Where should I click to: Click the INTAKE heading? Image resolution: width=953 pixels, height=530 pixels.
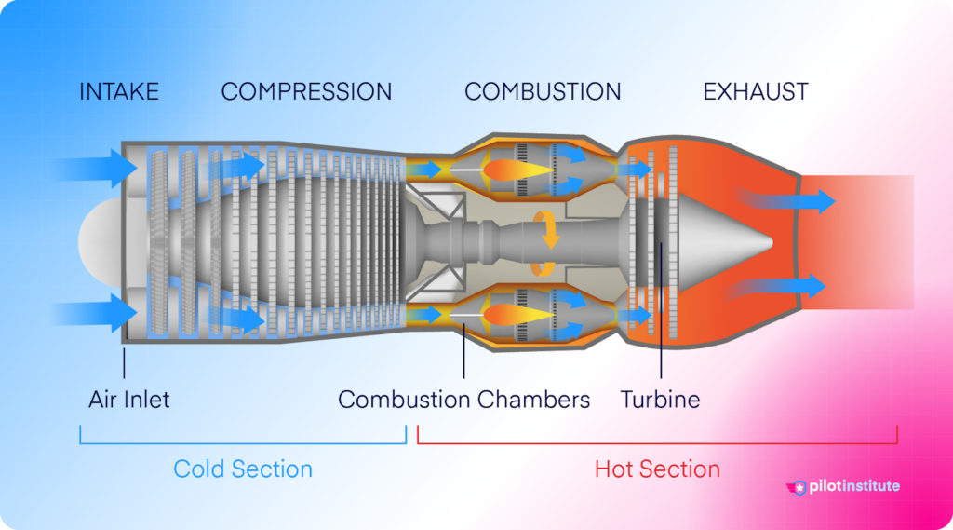pyautogui.click(x=119, y=92)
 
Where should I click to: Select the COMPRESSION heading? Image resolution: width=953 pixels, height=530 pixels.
pyautogui.click(x=306, y=92)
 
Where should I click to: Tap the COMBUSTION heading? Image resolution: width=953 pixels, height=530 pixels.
pyautogui.click(x=543, y=92)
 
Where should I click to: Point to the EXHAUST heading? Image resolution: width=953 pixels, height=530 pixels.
pyautogui.click(x=756, y=92)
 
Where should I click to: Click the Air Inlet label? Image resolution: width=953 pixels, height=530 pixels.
pyautogui.click(x=129, y=400)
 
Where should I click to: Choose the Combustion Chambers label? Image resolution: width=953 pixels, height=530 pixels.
pyautogui.click(x=463, y=400)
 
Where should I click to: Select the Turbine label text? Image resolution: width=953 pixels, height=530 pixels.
pyautogui.click(x=660, y=400)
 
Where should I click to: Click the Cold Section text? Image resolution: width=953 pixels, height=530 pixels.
pyautogui.click(x=243, y=469)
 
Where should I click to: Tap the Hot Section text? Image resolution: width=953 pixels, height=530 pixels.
pyautogui.click(x=657, y=469)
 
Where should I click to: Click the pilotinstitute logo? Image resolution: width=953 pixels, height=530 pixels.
pyautogui.click(x=843, y=486)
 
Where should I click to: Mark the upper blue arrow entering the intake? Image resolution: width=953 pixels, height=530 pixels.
pyautogui.click(x=93, y=169)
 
